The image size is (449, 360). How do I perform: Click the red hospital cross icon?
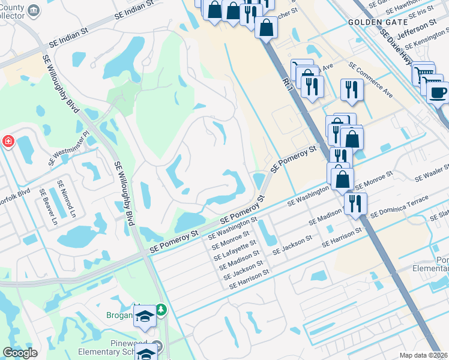pyautogui.click(x=8, y=142)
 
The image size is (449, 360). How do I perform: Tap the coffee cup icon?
pyautogui.click(x=438, y=93)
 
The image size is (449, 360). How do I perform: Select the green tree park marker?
pyautogui.click(x=161, y=310)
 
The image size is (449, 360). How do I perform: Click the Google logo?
pyautogui.click(x=20, y=353)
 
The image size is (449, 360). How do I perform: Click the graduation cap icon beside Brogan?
pyautogui.click(x=145, y=316)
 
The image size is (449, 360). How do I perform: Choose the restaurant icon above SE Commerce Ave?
pyautogui.click(x=351, y=90)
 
